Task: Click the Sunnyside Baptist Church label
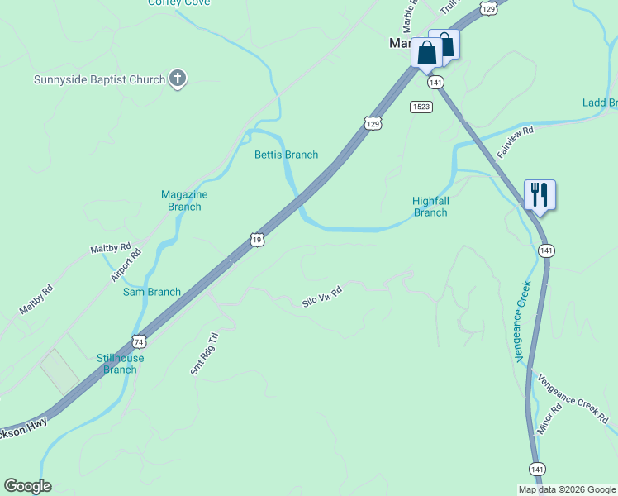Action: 99,79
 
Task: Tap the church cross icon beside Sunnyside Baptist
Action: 177,79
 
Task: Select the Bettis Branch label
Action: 286,155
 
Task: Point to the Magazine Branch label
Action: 184,200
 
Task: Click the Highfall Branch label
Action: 430,207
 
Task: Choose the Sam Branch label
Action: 152,292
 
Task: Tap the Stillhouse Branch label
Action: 120,364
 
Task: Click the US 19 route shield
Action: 257,240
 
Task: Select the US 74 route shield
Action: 139,341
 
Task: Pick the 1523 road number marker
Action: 421,107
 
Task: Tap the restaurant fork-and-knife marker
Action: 540,195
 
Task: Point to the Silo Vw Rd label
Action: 322,298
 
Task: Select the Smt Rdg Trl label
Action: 203,355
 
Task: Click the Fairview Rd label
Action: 516,142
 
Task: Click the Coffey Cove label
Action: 178,2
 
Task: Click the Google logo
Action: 27,486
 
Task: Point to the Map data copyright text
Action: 567,489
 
